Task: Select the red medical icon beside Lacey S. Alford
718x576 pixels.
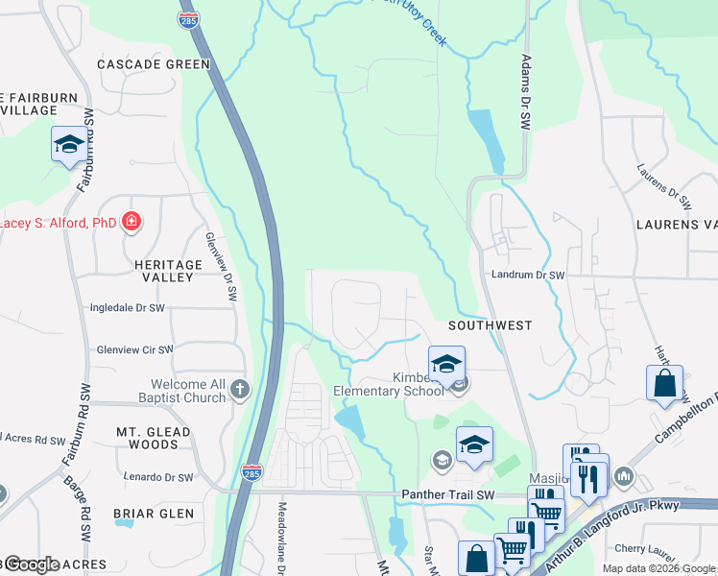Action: coord(132,223)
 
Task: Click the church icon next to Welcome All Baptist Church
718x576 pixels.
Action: coord(239,390)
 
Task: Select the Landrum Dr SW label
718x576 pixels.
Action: coord(527,275)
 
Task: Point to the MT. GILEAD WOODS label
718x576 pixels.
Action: coord(154,438)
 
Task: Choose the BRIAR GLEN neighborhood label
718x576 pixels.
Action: coord(154,514)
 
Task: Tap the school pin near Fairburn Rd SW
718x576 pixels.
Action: coord(68,145)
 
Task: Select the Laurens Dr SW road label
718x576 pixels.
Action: coord(664,186)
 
